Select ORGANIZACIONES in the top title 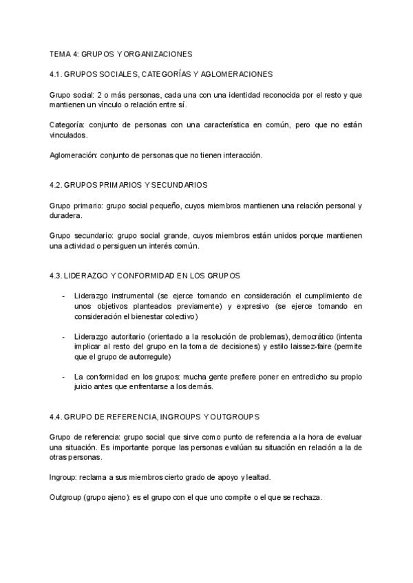(x=158, y=53)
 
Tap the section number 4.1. (x=57, y=74)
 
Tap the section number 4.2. (x=57, y=186)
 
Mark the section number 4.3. (x=57, y=276)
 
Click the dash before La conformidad (x=63, y=377)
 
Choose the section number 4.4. (x=57, y=417)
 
